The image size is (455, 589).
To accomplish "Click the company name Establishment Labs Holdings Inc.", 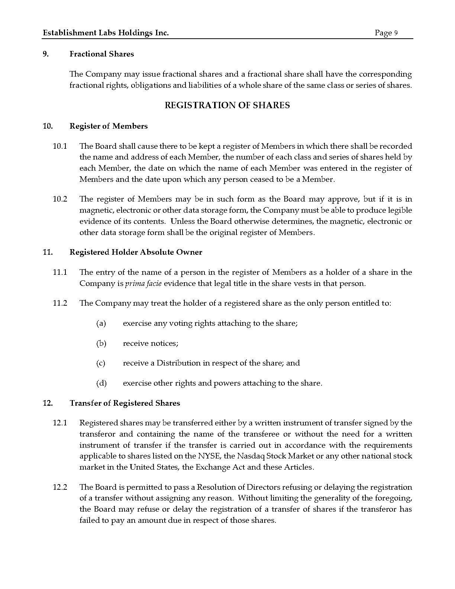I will [x=106, y=33].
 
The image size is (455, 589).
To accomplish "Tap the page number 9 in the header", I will [x=396, y=33].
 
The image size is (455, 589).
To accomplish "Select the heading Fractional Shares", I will [x=101, y=54].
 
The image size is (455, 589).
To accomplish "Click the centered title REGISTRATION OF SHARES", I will [x=227, y=105].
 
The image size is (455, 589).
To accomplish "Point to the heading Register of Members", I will [x=109, y=126].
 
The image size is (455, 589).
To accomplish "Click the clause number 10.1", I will [x=60, y=146].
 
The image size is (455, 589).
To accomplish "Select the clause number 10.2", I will [x=60, y=199].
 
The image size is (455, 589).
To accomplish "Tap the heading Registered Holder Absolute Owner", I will [x=136, y=252].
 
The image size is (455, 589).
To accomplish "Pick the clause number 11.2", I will [x=60, y=303].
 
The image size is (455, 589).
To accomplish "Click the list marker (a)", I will [x=101, y=324].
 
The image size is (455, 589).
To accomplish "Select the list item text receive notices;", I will [x=151, y=344].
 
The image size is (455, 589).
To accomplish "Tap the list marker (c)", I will [x=101, y=363].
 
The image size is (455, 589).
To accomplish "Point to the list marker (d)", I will [x=101, y=383].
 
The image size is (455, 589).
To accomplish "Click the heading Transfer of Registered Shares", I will [x=125, y=403].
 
